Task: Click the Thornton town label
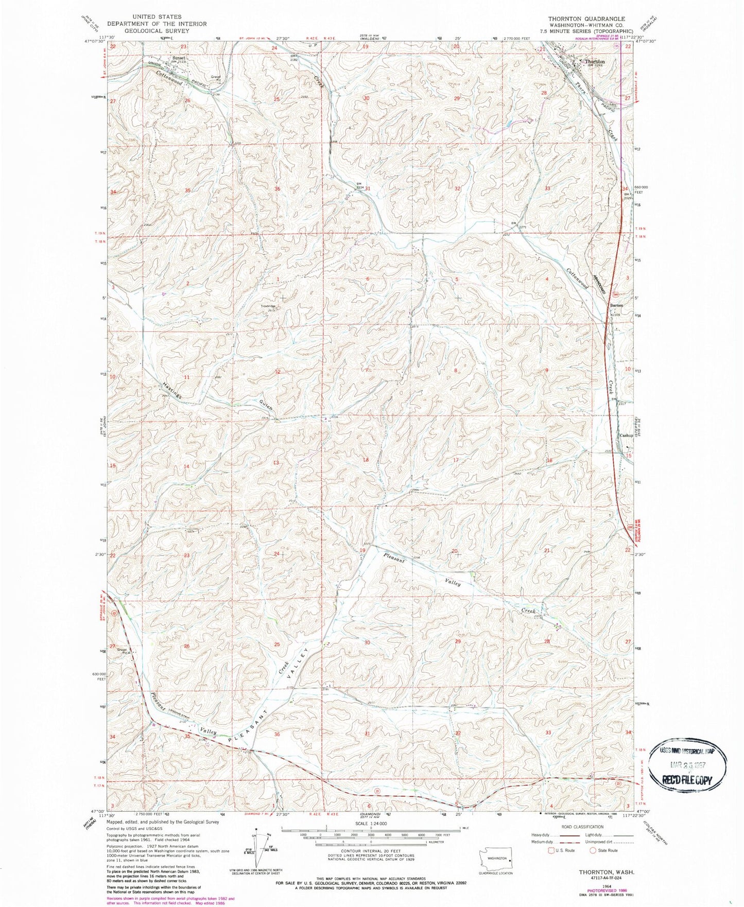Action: coord(595,61)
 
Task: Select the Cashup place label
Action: coord(625,435)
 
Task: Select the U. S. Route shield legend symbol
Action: coord(551,865)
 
